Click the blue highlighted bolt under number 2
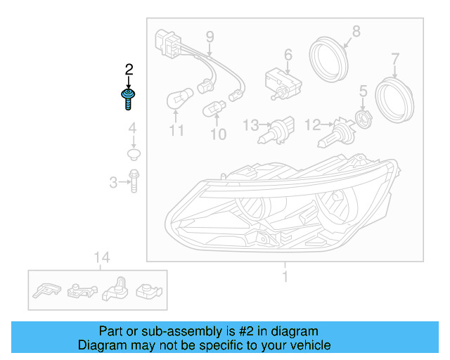click(129, 98)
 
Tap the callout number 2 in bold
click(129, 69)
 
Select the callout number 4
click(131, 128)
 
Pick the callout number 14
click(102, 258)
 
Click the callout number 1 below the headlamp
click(285, 276)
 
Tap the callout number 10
click(219, 134)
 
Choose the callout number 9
click(210, 36)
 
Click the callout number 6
click(288, 54)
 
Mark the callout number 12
click(312, 125)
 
